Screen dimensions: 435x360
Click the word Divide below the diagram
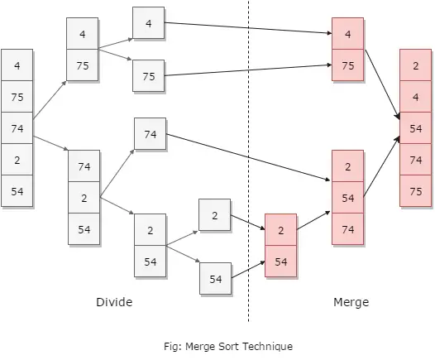(x=114, y=302)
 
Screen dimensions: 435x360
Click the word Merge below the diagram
(x=351, y=303)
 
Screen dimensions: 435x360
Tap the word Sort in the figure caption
(x=227, y=347)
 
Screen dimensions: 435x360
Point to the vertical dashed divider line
(x=248, y=161)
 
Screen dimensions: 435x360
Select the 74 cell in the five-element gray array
(x=17, y=128)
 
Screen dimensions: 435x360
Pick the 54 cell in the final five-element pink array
(x=415, y=128)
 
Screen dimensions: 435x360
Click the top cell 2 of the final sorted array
(x=415, y=65)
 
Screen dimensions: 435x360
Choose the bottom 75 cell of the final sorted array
(x=415, y=191)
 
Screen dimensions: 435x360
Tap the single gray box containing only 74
(x=150, y=134)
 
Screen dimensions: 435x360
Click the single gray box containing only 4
(x=148, y=23)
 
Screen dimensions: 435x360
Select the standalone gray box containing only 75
(x=148, y=76)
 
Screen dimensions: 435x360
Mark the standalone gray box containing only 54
(x=215, y=278)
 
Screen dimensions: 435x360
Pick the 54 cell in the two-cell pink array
(x=280, y=262)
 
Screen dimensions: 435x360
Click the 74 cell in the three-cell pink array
(x=347, y=229)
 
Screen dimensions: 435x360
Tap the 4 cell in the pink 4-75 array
(x=347, y=34)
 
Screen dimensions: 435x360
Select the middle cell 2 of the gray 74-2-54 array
(x=84, y=198)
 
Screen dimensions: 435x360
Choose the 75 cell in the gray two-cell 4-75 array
(x=82, y=65)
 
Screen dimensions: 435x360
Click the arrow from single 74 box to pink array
(x=248, y=157)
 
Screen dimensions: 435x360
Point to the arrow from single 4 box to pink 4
(x=248, y=28)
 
